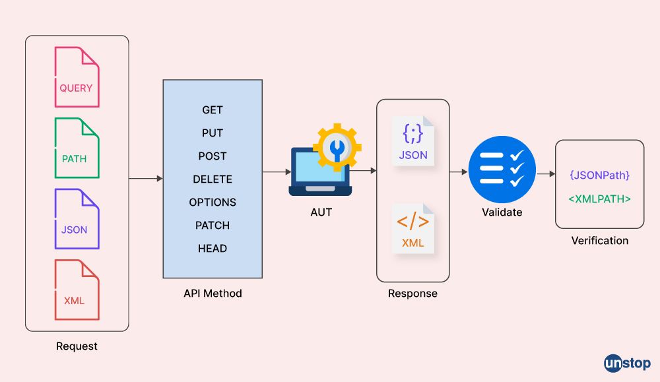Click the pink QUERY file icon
(77, 78)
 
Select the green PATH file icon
(77, 148)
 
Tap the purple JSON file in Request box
(77, 219)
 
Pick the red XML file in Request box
(77, 290)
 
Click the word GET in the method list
(213, 110)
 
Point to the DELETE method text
(213, 179)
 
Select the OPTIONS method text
(213, 203)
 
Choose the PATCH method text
(213, 226)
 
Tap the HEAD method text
(213, 249)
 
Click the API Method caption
(213, 294)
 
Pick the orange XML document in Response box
(413, 228)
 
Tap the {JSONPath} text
(599, 175)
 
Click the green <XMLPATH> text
(599, 198)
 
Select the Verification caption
(599, 241)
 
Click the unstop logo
(627, 363)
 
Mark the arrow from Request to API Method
(146, 179)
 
